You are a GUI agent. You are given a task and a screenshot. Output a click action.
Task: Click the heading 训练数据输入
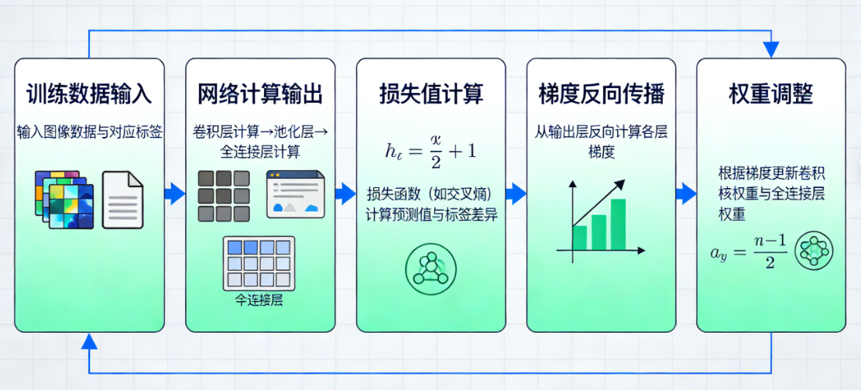(90, 94)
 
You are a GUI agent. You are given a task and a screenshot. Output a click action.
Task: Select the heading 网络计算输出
(260, 94)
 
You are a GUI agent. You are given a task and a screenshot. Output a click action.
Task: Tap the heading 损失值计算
(430, 94)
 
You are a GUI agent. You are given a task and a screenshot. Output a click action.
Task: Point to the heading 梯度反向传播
(601, 94)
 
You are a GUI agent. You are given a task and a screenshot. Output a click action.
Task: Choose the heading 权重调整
(771, 94)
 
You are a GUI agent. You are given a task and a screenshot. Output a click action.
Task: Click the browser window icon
(295, 193)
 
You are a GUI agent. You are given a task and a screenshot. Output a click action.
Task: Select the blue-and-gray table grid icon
(259, 263)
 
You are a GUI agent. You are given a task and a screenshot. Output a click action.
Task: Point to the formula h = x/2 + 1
(430, 150)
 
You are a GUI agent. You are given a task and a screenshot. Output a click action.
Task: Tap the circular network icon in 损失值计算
(430, 269)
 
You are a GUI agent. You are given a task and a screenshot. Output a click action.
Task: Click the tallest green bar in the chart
(618, 224)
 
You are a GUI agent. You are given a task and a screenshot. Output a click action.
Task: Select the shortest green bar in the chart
(579, 238)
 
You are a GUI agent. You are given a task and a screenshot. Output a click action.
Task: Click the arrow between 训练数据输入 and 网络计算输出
(175, 193)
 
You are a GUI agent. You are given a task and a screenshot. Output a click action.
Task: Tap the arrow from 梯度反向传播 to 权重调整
(685, 193)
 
